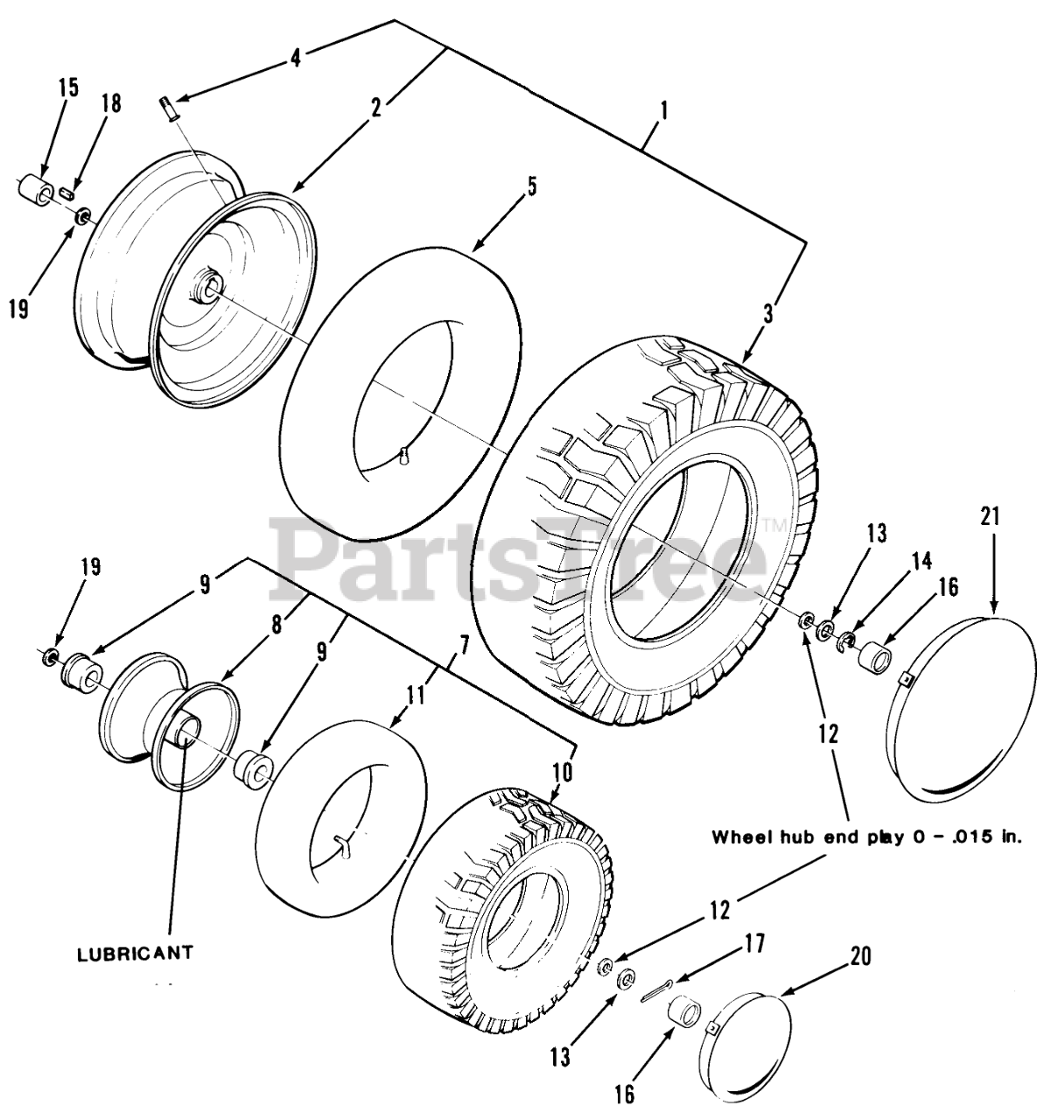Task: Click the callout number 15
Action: [68, 87]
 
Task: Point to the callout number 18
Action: [110, 102]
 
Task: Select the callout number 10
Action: [562, 772]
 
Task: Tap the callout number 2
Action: [376, 108]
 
